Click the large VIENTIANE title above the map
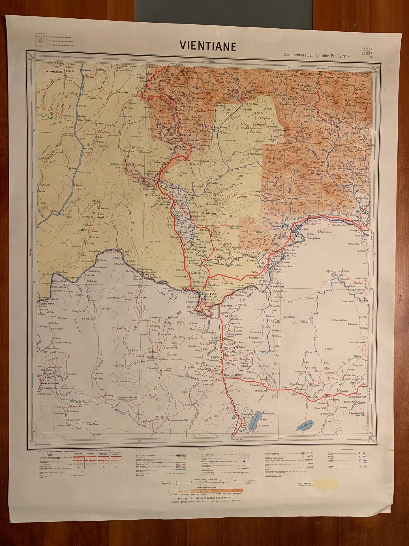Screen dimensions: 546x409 208,46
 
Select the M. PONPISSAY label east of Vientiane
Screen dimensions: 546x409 279,286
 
